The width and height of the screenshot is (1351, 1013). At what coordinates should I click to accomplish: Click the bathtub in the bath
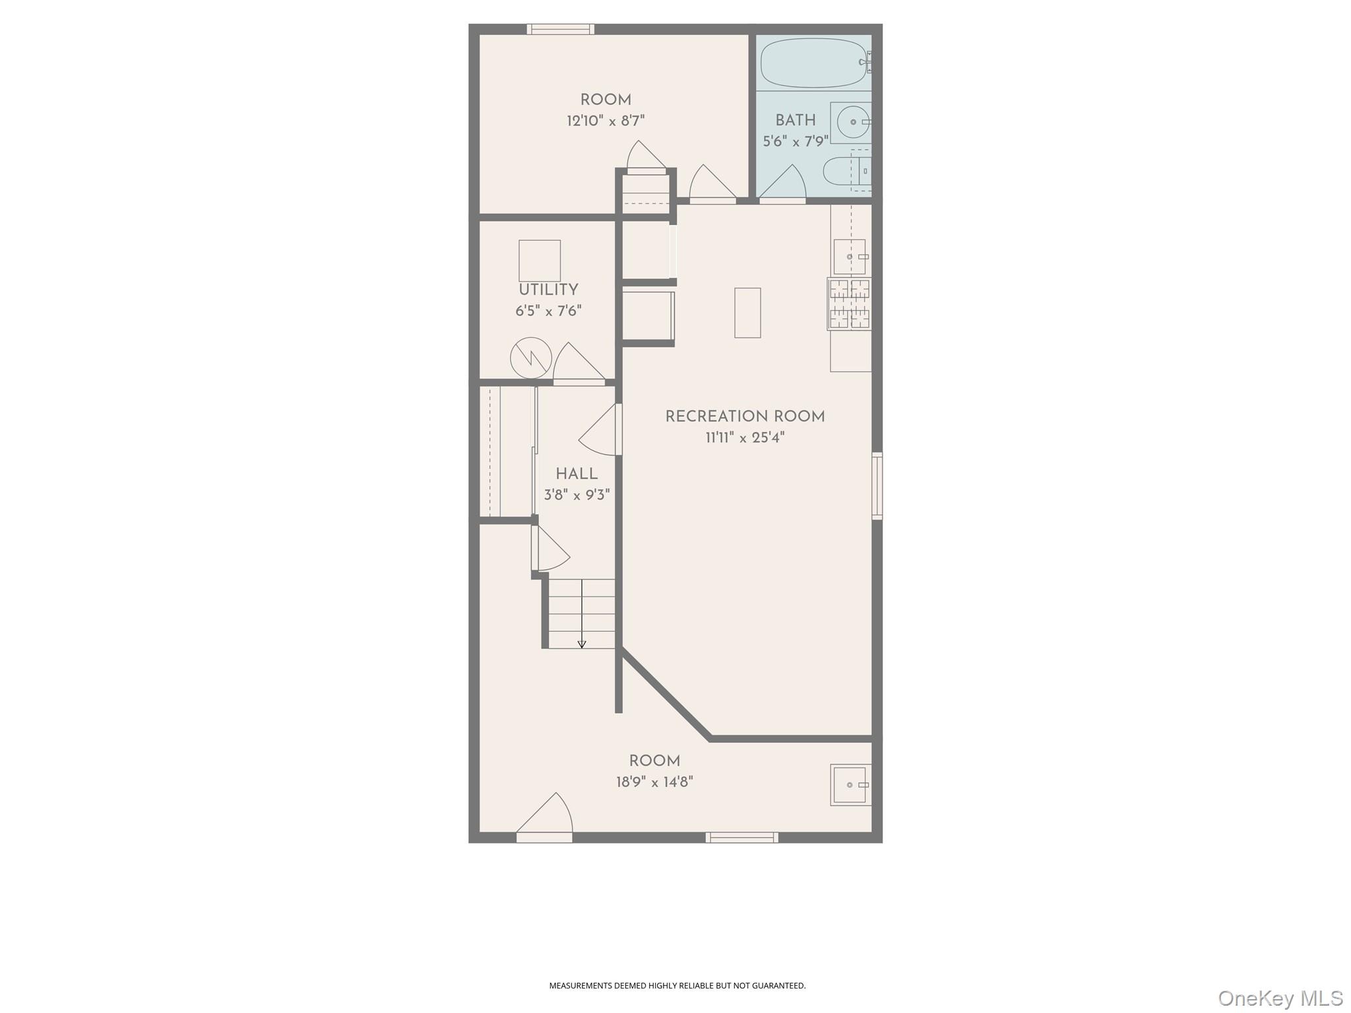(813, 63)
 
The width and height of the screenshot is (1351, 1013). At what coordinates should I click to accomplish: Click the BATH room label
(795, 121)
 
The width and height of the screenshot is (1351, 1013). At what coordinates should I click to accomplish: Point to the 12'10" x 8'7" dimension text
(605, 121)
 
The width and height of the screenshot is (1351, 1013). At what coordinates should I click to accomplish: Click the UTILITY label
(548, 290)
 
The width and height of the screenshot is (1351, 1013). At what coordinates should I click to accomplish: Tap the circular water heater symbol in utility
(531, 358)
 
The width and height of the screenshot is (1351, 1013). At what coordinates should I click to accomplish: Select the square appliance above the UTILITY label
(540, 261)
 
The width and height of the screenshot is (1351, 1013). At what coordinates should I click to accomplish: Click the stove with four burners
(850, 304)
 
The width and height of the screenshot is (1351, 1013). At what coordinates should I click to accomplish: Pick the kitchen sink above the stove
(850, 257)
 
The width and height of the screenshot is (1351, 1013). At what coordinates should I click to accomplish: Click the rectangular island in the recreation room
(747, 313)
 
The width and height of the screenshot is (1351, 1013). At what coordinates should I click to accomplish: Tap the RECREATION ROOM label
(745, 417)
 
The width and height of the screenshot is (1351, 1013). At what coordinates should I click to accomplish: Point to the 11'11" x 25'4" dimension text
(745, 437)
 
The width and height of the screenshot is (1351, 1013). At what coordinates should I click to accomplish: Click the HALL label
(577, 474)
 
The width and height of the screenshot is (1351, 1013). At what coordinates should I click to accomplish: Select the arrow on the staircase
(582, 644)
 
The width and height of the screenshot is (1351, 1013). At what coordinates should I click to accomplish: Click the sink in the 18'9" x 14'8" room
(850, 785)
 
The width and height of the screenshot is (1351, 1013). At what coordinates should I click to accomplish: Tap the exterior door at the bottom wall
(544, 836)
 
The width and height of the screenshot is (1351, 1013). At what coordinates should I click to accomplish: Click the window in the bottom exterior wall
(741, 838)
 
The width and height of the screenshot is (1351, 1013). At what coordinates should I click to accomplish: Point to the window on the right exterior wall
(877, 485)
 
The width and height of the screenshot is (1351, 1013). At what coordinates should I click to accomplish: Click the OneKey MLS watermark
(1280, 998)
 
